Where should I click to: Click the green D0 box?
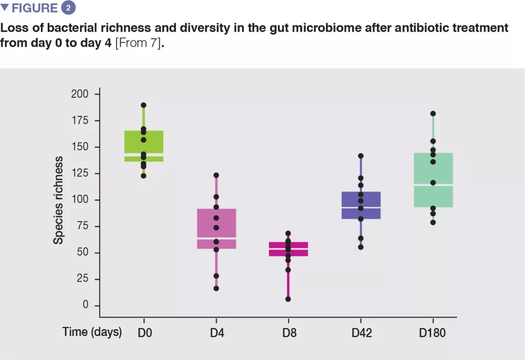pos(144,146)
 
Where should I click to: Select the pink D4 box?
pos(216,228)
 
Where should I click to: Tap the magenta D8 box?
pos(289,249)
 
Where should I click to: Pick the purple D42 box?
pos(361,205)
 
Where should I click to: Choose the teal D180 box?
pos(433,180)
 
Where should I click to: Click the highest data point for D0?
pos(144,105)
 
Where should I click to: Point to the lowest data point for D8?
pos(288,299)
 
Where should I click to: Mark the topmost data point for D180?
pos(433,114)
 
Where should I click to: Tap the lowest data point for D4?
pos(216,289)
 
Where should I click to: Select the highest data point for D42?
pos(361,156)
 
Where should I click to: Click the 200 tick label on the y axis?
pos(79,94)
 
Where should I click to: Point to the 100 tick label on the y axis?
pos(79,200)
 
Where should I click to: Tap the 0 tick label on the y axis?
pos(85,306)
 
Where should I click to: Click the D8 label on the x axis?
pos(288,333)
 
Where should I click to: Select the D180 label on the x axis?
pos(433,333)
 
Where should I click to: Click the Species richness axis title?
pos(58,200)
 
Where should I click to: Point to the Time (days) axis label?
pos(92,332)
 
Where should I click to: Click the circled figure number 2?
pos(68,8)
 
